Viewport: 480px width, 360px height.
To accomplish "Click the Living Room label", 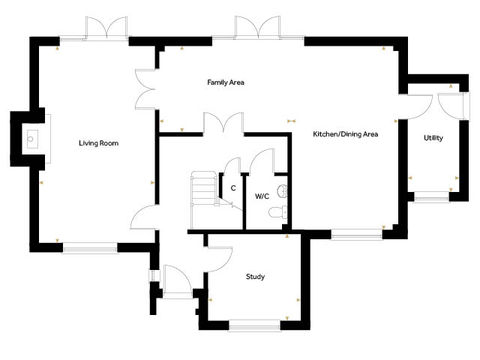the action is click(98, 143).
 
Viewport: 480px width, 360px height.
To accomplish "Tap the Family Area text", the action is click(226, 82).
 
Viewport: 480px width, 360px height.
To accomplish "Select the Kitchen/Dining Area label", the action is click(345, 134).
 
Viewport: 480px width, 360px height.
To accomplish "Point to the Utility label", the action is click(433, 138).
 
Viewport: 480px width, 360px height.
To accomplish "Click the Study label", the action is click(255, 277).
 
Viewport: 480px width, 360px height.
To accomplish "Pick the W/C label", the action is click(262, 196).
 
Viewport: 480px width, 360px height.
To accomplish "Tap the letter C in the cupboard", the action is click(233, 188).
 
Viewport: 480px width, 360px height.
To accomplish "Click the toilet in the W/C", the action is click(278, 212).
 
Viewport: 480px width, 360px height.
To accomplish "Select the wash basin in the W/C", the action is click(282, 191).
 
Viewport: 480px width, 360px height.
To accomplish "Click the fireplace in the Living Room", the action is click(32, 139).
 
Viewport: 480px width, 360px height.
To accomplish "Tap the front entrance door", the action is click(178, 280).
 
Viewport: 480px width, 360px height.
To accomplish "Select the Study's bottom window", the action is click(255, 325).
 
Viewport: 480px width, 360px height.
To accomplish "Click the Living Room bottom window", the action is click(90, 248).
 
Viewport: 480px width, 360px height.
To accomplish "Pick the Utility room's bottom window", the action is click(432, 196).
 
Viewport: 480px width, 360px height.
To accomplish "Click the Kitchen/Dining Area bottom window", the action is click(357, 235).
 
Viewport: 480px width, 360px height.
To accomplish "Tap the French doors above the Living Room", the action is click(106, 28).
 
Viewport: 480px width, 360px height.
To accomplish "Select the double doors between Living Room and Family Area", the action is click(145, 89).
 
